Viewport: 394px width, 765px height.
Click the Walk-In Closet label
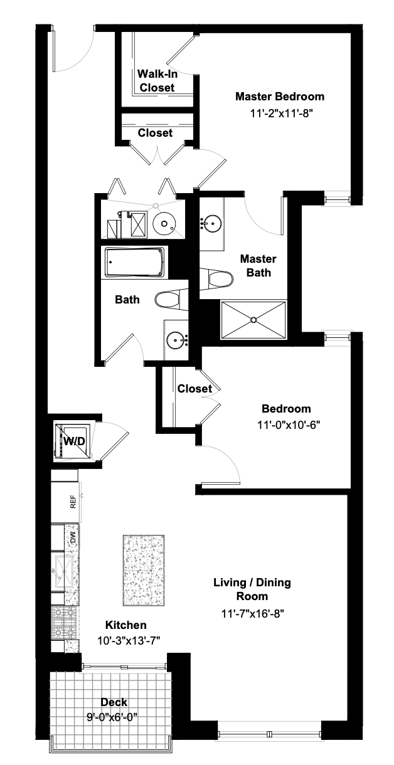[157, 81]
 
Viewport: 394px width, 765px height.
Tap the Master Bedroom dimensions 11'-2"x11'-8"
[280, 114]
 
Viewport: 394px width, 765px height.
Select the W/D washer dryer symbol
[73, 441]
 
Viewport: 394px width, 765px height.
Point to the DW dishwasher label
[73, 537]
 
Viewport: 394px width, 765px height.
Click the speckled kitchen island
[144, 570]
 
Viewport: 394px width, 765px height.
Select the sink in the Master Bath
[212, 223]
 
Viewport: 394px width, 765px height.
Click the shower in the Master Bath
[253, 320]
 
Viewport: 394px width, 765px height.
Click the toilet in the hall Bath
[169, 300]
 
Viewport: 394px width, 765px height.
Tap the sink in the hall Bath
[176, 340]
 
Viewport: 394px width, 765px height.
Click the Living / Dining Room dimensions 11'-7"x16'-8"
[252, 614]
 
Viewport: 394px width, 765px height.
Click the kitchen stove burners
[65, 620]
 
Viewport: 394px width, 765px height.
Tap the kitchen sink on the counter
[64, 568]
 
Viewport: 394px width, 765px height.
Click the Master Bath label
[258, 266]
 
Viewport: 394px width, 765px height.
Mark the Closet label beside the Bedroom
[194, 389]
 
